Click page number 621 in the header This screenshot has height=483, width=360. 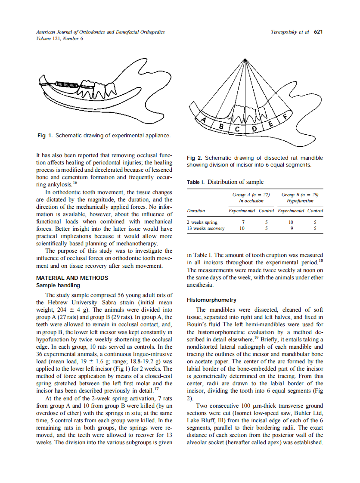pyautogui.click(x=318, y=32)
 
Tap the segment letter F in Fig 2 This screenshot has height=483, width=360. pyautogui.click(x=285, y=115)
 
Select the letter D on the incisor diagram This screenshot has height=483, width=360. pyautogui.click(x=254, y=129)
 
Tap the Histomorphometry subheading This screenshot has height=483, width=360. pyautogui.click(x=211, y=300)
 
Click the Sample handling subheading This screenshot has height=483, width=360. pyautogui.click(x=58, y=285)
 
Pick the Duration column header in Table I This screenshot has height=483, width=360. pyautogui.click(x=196, y=211)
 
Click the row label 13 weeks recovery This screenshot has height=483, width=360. pyautogui.click(x=205, y=229)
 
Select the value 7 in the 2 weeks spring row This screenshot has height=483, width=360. pyautogui.click(x=242, y=222)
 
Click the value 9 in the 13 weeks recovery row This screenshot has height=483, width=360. pyautogui.click(x=292, y=229)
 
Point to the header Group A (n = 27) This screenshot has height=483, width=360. pyautogui.click(x=251, y=195)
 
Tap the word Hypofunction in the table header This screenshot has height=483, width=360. pyautogui.click(x=300, y=201)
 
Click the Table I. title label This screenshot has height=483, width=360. pyautogui.click(x=196, y=182)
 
